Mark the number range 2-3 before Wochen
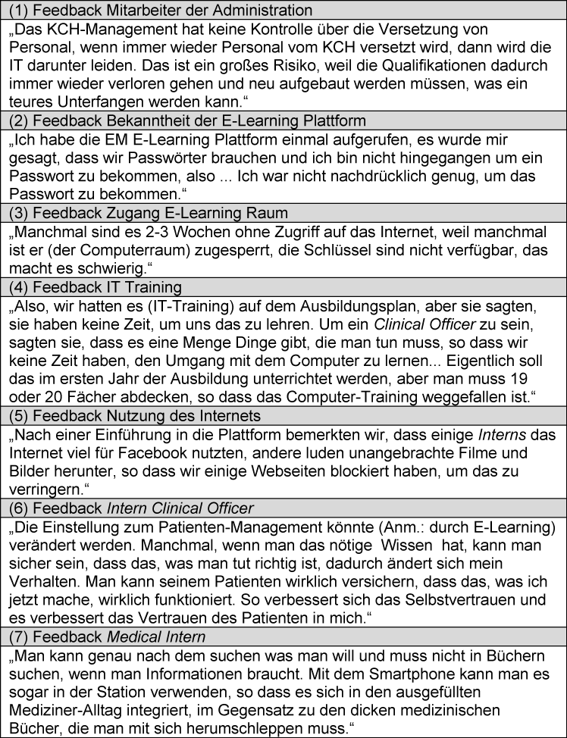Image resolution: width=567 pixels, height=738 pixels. (151, 230)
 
